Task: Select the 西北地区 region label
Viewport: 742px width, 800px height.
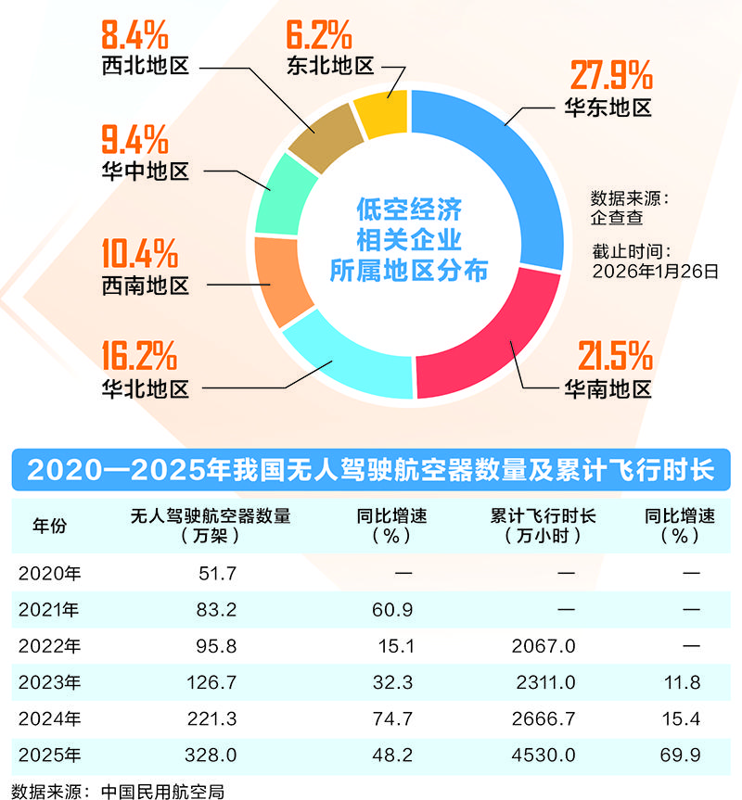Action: click(146, 67)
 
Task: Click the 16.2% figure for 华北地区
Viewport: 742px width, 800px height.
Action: click(139, 355)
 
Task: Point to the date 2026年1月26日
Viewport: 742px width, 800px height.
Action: click(655, 271)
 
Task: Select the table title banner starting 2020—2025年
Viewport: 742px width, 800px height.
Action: click(371, 469)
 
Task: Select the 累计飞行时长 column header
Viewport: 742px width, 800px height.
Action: click(544, 516)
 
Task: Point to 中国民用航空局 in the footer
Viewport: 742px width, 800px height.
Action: click(163, 791)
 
